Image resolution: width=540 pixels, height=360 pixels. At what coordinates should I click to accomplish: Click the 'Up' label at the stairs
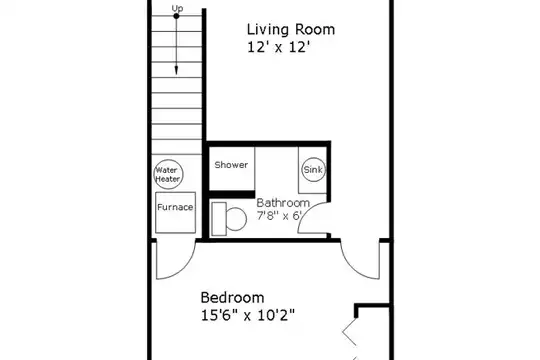click(177, 8)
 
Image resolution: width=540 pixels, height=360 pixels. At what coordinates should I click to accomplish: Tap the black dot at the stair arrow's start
click(176, 16)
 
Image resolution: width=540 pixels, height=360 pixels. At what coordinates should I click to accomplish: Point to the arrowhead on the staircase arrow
click(176, 70)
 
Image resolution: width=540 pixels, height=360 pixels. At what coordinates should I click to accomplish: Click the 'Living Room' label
click(291, 29)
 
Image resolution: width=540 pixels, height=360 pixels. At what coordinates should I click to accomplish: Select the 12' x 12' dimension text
click(277, 47)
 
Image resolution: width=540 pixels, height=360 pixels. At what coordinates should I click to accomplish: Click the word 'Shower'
click(231, 165)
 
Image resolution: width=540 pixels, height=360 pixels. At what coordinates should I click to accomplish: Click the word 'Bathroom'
click(283, 203)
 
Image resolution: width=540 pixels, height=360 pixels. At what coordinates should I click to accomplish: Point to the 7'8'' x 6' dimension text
click(279, 216)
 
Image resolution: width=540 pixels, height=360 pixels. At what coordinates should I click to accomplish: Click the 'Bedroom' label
click(232, 297)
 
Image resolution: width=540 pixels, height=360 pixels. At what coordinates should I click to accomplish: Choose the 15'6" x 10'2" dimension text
click(248, 315)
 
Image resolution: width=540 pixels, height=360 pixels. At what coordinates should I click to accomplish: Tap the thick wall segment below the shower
click(232, 194)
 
